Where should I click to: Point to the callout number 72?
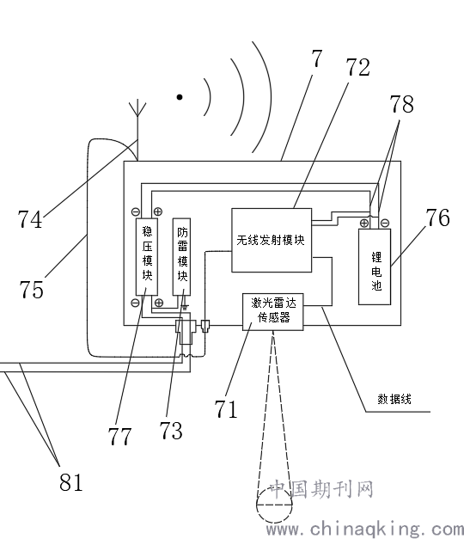pos(357,67)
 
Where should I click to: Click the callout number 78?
pos(401,104)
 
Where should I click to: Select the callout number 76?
pos(438,217)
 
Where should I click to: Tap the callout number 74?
pos(30,219)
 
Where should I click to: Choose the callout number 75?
pos(31,289)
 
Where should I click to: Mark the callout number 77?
pos(119,436)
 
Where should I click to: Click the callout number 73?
pos(171,430)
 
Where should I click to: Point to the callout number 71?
pos(226,408)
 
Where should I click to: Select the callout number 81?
pos(71,482)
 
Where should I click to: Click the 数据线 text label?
pos(394,399)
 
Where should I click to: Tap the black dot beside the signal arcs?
pos(180,97)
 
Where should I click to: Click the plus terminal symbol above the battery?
pos(364,224)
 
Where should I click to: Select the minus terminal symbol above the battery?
pos(385,224)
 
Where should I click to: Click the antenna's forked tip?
pos(137,107)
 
